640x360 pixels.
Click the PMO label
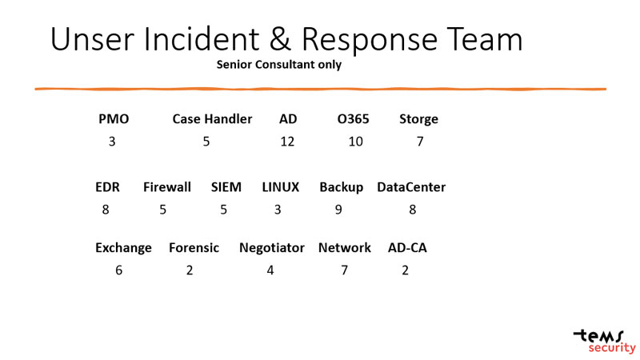[x=114, y=119]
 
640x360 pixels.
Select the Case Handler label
[x=212, y=119]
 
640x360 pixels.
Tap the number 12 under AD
[x=287, y=142]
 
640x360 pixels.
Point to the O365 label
[x=353, y=119]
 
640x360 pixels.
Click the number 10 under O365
[x=355, y=142]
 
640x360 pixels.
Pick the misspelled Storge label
[x=418, y=119]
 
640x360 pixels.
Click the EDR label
[x=107, y=187]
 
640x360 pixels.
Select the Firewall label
[x=167, y=187]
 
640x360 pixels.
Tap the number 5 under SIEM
[x=224, y=210]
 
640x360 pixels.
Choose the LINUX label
[x=280, y=187]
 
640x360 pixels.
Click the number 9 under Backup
[x=339, y=210]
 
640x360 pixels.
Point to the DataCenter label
[x=411, y=187]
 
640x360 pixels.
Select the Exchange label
[x=123, y=248]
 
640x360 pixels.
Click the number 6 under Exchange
[x=119, y=270]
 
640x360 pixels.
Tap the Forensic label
[x=194, y=248]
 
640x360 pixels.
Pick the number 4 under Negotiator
[x=270, y=270]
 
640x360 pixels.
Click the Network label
[x=345, y=248]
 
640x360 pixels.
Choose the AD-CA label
[x=407, y=248]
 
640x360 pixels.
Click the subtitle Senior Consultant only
[x=279, y=65]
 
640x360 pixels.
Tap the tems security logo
[x=605, y=340]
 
